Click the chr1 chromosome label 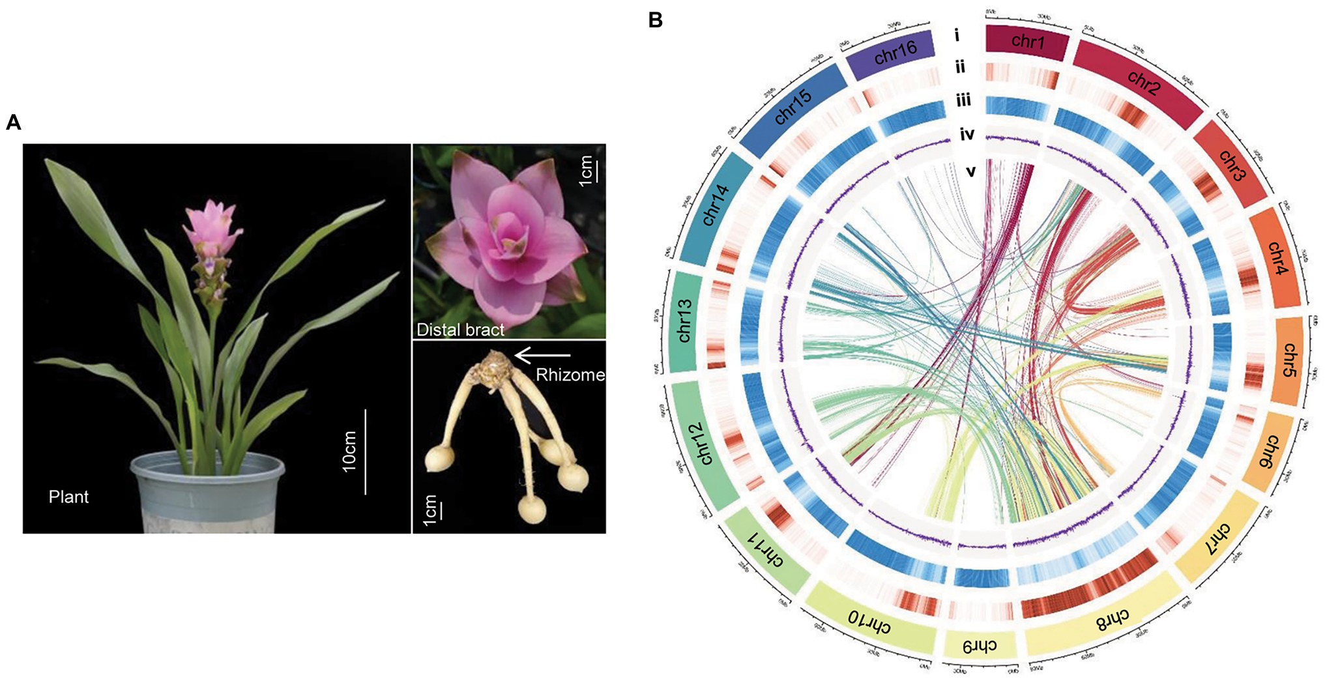(x=1028, y=42)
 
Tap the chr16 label (x=895, y=52)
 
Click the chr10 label (x=869, y=622)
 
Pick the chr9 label (x=980, y=646)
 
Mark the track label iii (x=963, y=100)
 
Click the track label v (x=971, y=171)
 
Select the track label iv (x=967, y=135)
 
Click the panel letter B (x=656, y=21)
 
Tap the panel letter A (x=13, y=123)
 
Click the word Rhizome (x=570, y=375)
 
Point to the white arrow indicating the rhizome (x=542, y=355)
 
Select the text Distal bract (x=460, y=330)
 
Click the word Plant (x=68, y=497)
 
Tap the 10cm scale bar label (x=350, y=450)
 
